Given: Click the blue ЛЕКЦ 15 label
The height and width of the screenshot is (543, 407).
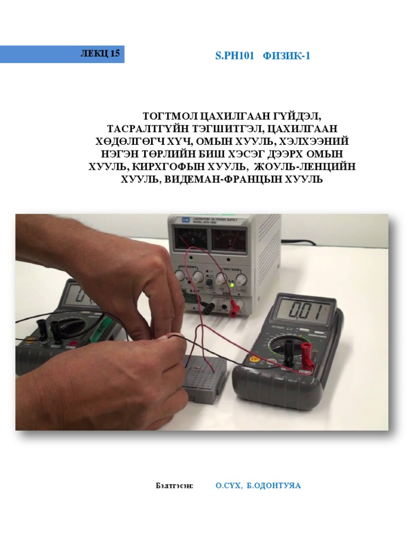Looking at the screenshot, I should pyautogui.click(x=62, y=54).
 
